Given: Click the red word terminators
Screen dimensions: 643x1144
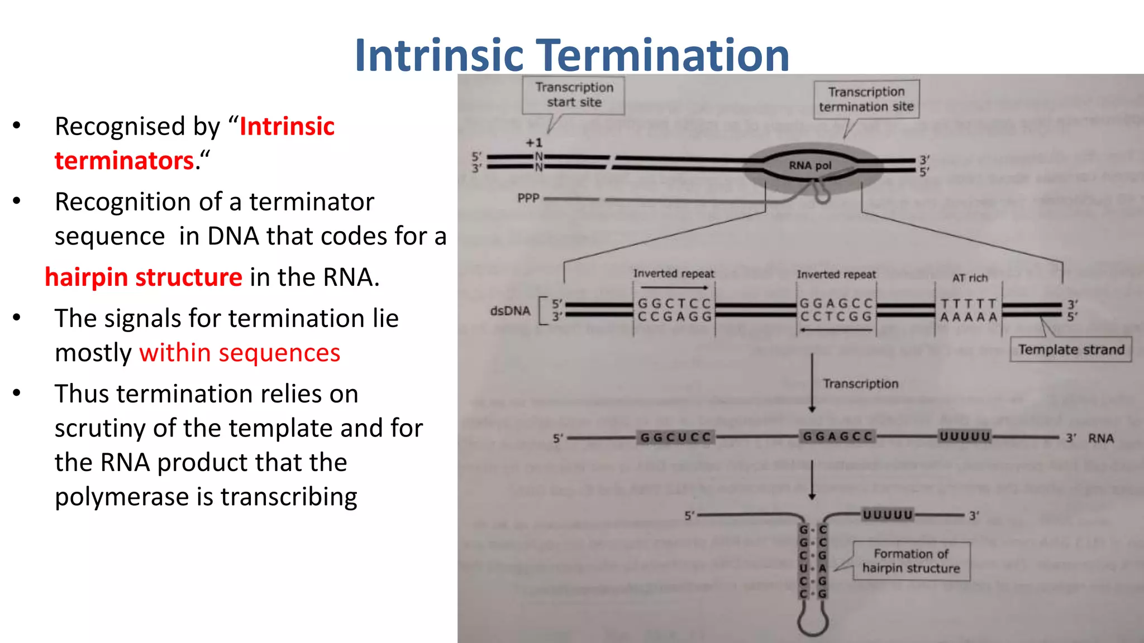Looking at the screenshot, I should pos(124,161).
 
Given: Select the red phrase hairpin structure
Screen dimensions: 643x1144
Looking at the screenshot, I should pos(144,277).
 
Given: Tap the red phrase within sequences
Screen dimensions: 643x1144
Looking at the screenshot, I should pos(240,353).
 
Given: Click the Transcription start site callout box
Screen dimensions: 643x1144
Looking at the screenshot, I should pos(574,95).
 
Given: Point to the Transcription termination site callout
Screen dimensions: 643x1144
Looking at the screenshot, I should pos(866,99).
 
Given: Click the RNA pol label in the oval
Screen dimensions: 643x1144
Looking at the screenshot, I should pos(809,165).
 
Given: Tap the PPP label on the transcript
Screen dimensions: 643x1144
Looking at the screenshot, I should pos(528,198).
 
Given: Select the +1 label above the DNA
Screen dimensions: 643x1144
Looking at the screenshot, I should pos(533,143).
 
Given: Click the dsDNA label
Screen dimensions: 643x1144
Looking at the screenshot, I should pos(509,311).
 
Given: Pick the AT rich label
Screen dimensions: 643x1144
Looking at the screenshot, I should pos(970,278).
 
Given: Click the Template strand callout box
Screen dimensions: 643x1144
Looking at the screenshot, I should pos(1070,350).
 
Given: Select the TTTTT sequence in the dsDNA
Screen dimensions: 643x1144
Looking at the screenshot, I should pos(969,304).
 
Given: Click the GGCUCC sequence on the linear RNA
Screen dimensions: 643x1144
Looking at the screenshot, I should pos(675,437).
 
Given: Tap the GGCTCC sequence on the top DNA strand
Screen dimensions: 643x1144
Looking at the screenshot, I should pos(674,304).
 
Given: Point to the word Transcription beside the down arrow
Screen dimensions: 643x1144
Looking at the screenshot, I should pos(860,384).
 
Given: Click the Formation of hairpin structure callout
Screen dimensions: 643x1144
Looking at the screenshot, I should pos(911,561).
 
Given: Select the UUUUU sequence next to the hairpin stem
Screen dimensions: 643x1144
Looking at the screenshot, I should pos(888,515).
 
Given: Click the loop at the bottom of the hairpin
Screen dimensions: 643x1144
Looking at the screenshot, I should pos(813,622).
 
